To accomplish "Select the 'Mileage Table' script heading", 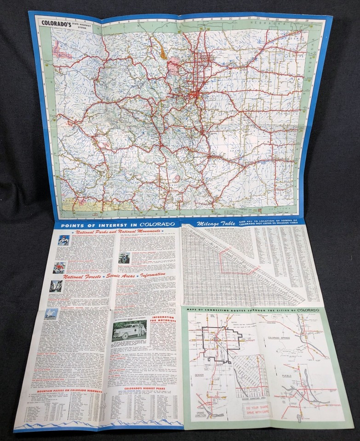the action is (216, 223).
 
